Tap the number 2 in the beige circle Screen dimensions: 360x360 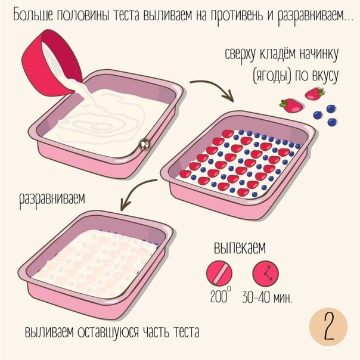coord(329,327)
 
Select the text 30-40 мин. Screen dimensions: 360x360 coord(267,297)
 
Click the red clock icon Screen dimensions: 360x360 coord(266,274)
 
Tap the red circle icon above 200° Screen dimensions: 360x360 coord(219,273)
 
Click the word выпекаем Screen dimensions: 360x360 coord(240,247)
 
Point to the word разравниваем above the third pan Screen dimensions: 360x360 coord(52,199)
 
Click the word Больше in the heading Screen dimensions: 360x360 coord(33,15)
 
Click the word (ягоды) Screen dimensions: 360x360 coord(272,76)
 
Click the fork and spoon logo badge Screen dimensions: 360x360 coord(145,145)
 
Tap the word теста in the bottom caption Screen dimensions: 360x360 coord(186,332)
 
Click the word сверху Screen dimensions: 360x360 coord(240,55)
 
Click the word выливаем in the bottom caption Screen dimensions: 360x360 coord(49,332)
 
